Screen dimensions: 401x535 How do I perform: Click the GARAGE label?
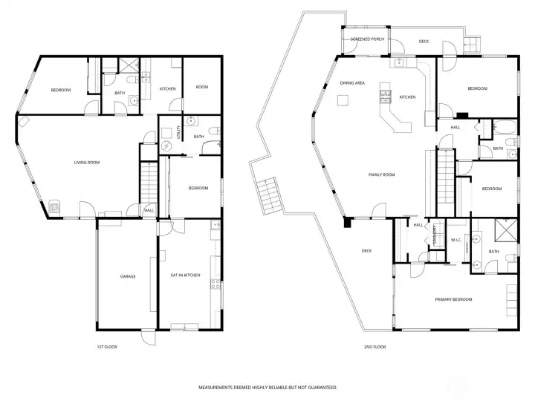(128, 276)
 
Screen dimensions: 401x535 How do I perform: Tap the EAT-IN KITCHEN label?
(186, 276)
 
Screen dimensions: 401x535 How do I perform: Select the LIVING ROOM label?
(86, 163)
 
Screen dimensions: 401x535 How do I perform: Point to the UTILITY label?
(180, 133)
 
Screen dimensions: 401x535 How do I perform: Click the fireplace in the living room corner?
(55, 208)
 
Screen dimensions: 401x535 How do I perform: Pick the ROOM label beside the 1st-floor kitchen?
(202, 87)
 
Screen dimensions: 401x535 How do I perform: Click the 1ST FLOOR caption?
(107, 347)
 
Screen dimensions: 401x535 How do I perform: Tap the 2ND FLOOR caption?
(374, 347)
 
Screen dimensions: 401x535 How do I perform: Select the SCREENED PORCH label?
(367, 39)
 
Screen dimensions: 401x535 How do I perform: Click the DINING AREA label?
(352, 83)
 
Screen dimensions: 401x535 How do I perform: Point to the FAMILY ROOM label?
(382, 175)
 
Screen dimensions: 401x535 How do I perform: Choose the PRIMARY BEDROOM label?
(453, 299)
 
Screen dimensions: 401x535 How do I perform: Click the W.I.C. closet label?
(457, 240)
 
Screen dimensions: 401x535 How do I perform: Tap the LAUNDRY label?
(435, 234)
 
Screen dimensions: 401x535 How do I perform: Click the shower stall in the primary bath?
(508, 228)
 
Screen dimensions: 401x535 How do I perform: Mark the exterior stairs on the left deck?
(267, 196)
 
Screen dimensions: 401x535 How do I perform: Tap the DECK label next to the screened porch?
(424, 42)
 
